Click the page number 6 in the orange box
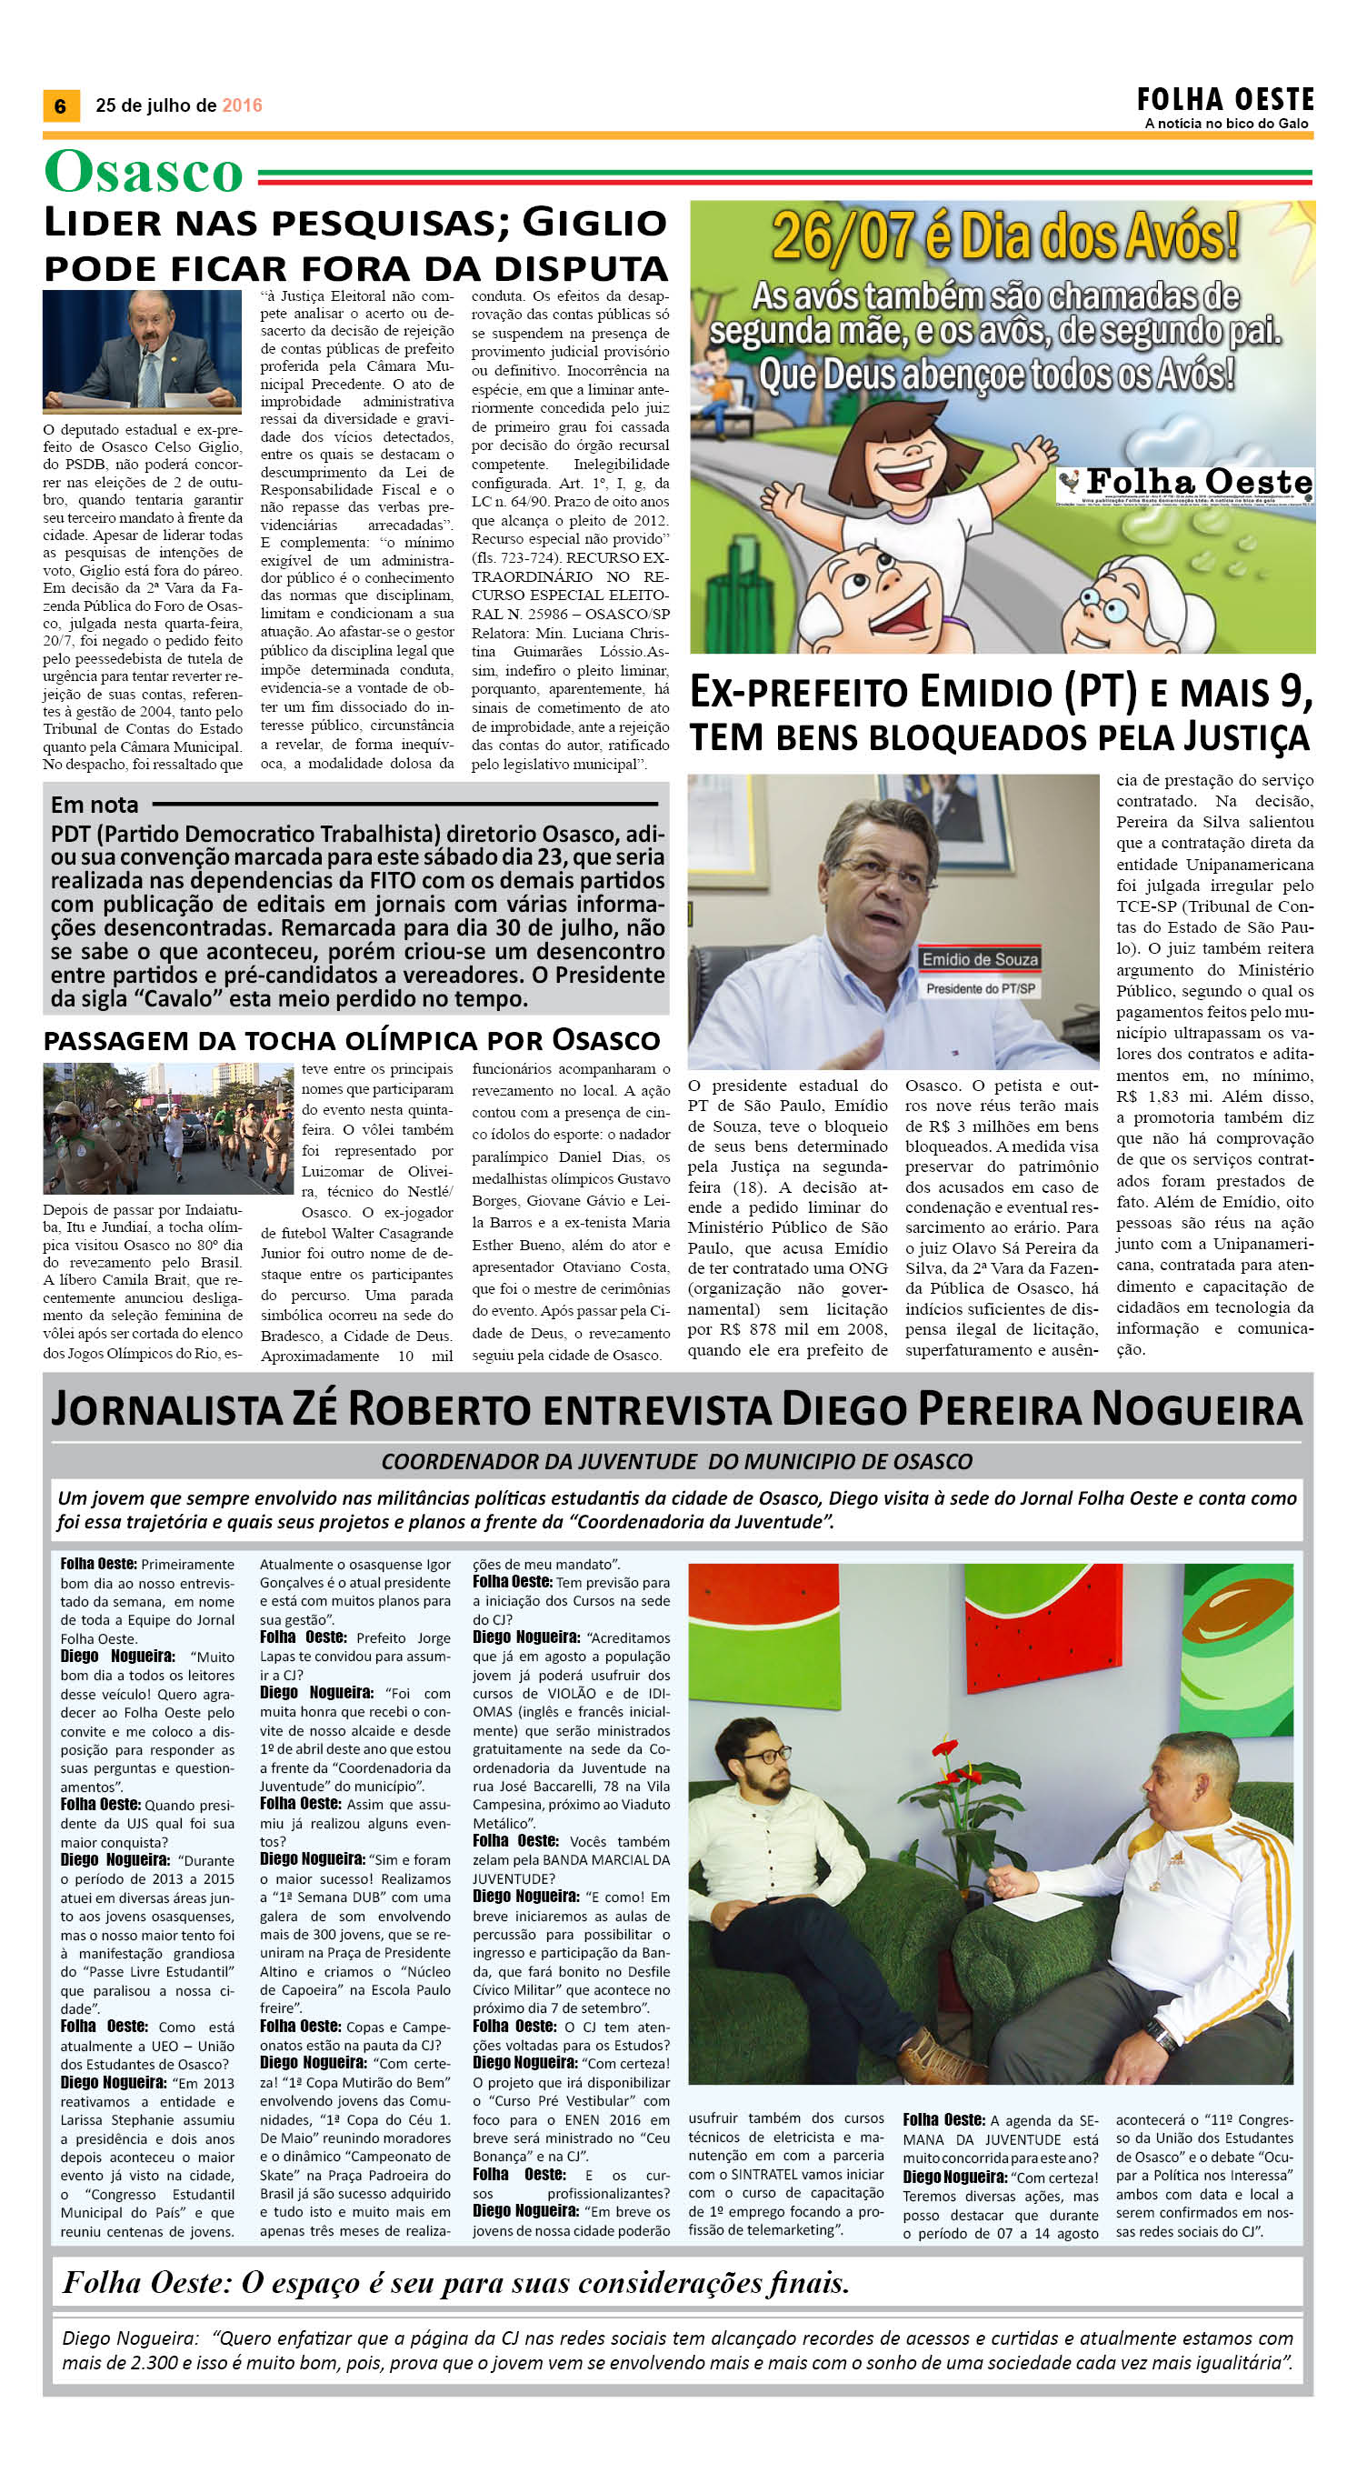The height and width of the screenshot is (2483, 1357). [x=60, y=105]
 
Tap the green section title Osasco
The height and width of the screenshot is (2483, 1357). [x=144, y=174]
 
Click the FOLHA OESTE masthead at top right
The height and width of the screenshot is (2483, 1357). [x=1225, y=99]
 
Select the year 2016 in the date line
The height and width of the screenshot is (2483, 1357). [x=242, y=105]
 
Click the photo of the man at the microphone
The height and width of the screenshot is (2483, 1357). [x=142, y=351]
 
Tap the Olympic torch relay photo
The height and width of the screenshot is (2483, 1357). [x=168, y=1126]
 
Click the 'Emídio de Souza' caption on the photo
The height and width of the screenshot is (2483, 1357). [x=979, y=959]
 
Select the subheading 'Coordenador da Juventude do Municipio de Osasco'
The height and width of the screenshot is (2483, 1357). [x=676, y=1461]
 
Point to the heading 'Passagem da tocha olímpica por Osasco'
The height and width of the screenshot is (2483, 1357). [x=352, y=1039]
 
